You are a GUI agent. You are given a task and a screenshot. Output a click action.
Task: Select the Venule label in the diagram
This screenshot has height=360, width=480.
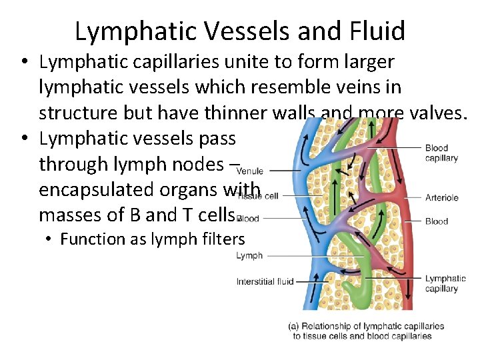(x=249, y=171)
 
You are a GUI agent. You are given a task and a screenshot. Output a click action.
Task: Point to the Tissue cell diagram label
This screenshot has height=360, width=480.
(x=258, y=196)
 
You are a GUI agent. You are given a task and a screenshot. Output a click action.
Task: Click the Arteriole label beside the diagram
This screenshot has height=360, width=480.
(x=441, y=197)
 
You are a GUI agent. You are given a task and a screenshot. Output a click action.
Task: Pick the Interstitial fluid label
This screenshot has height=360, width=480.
(x=265, y=281)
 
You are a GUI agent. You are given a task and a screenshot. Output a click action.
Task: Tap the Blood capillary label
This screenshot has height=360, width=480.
(x=441, y=153)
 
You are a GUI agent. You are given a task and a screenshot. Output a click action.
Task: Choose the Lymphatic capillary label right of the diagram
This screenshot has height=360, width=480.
(x=445, y=283)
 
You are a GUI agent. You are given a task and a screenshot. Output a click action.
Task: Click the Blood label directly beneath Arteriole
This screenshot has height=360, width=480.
(x=437, y=221)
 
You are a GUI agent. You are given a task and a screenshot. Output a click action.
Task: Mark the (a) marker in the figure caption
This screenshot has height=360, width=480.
(x=293, y=326)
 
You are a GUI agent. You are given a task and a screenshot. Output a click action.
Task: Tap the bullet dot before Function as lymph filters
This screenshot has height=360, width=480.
(x=50, y=239)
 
